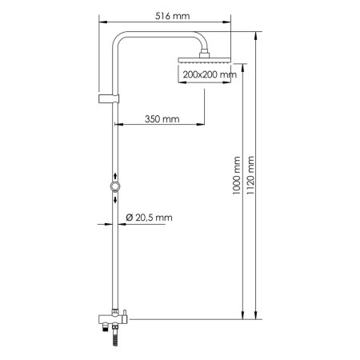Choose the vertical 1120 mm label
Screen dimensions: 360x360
pyautogui.click(x=254, y=172)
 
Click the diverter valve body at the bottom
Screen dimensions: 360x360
pyautogui.click(x=112, y=321)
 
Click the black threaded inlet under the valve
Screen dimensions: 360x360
pyautogui.click(x=103, y=329)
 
